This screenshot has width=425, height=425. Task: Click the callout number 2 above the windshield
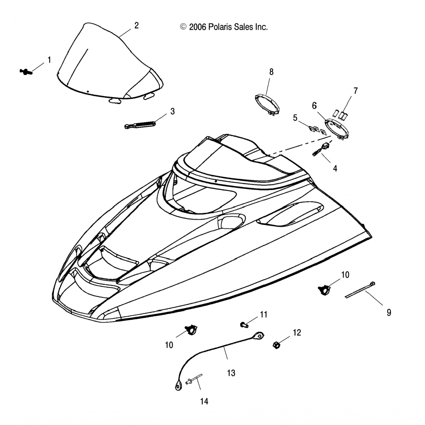(x=137, y=25)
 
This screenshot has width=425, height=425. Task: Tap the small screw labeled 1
(x=26, y=71)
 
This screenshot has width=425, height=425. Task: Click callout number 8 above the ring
(x=271, y=72)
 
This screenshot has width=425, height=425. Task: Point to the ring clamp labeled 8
(x=267, y=105)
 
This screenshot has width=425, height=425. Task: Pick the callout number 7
(x=355, y=91)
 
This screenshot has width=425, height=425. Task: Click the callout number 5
(x=295, y=118)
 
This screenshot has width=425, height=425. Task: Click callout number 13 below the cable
(x=231, y=373)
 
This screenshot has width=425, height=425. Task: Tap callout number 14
(x=204, y=401)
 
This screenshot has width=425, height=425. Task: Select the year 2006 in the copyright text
(x=198, y=27)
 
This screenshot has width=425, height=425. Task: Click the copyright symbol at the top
(x=183, y=27)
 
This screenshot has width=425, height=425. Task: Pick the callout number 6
(x=314, y=106)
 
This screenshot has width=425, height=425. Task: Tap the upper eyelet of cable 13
(x=258, y=336)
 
